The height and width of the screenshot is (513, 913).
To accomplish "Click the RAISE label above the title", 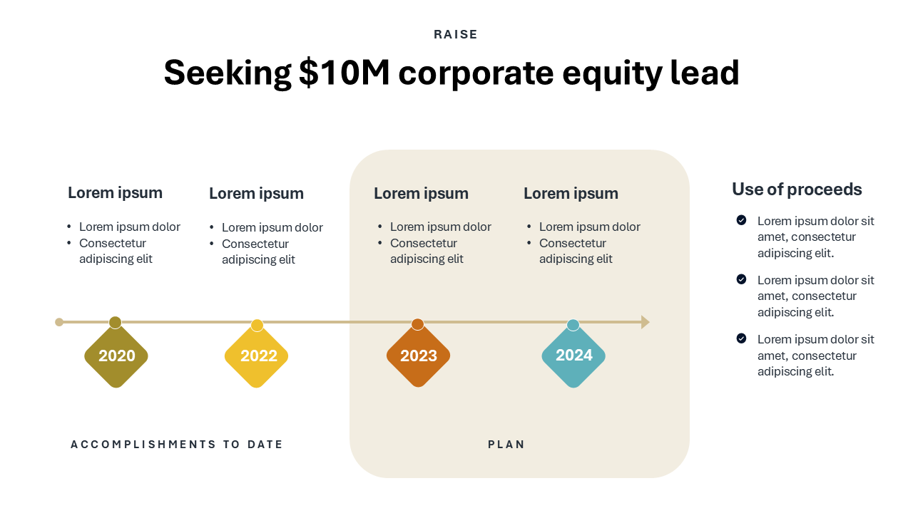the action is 455,35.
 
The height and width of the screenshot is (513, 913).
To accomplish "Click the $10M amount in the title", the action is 344,73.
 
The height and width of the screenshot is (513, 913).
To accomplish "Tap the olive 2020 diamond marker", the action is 116,356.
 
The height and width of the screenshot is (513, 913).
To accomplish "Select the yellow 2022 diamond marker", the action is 256,356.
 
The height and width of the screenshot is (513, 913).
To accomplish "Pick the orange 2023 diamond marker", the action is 418,356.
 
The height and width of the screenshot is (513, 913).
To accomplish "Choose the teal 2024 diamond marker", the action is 573,356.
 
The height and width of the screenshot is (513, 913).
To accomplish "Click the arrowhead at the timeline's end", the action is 646,322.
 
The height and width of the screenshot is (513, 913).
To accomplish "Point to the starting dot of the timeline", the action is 59,322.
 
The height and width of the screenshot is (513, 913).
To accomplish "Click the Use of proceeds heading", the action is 797,190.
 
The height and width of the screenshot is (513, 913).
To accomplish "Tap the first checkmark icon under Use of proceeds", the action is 741,220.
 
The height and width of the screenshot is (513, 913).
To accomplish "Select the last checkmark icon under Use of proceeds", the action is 741,338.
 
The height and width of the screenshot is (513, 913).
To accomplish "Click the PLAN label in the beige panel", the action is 506,444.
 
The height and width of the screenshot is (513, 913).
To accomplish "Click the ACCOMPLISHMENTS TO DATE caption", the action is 176,444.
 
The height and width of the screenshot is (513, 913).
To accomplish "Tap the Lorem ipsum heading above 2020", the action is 115,193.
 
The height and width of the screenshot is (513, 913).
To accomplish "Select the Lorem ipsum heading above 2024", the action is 571,193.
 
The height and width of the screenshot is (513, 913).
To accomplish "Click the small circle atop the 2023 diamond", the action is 417,324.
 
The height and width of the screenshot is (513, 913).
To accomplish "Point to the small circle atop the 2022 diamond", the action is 257,326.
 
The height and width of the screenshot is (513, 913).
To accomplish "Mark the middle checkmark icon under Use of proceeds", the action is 741,279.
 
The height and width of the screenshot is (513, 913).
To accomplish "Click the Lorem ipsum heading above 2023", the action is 421,193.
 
